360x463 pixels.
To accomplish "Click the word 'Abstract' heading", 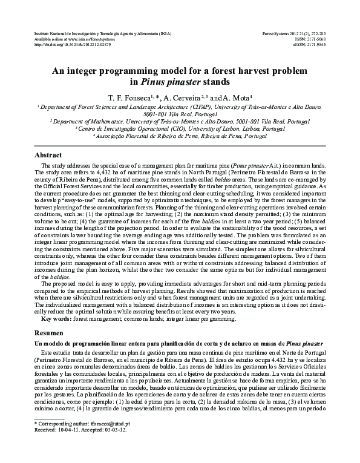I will [48, 156].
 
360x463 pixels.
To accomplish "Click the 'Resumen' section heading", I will [48, 333].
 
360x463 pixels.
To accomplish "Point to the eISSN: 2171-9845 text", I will [309, 45].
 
